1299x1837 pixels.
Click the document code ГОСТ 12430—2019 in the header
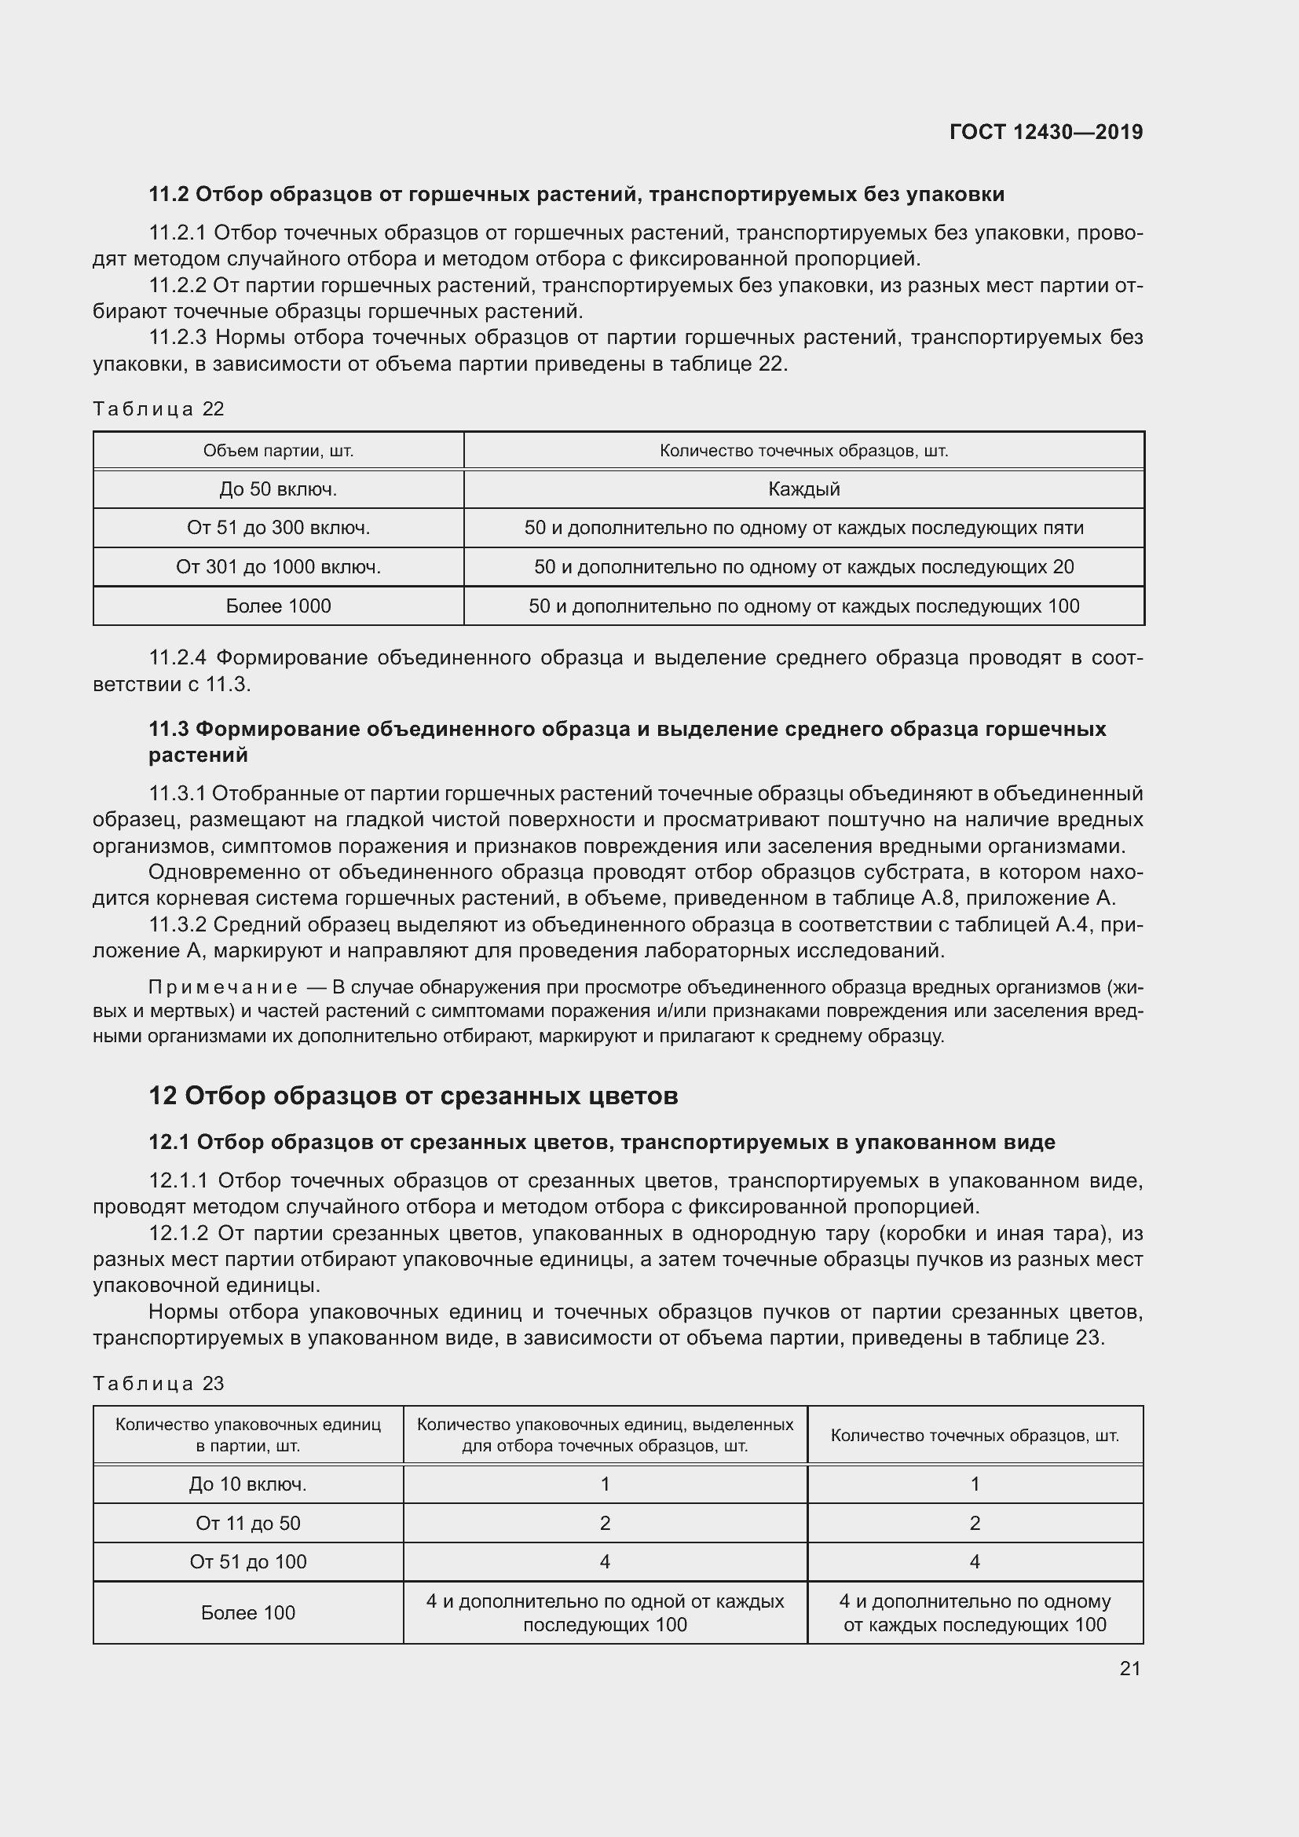click(1045, 132)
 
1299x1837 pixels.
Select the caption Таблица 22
click(159, 409)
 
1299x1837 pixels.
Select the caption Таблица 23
click(159, 1383)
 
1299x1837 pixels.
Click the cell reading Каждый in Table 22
click(803, 489)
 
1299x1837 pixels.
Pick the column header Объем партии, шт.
click(277, 451)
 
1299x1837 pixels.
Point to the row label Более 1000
click(277, 606)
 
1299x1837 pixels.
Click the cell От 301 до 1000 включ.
click(277, 566)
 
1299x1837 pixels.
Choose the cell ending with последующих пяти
click(803, 527)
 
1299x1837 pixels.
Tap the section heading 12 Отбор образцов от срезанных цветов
click(413, 1096)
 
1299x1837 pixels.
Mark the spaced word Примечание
click(223, 987)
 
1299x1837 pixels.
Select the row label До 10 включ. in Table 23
click(247, 1484)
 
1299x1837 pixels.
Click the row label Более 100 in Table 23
click(247, 1612)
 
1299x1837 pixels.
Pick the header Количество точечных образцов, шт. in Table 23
click(974, 1436)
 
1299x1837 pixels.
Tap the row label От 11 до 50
click(247, 1523)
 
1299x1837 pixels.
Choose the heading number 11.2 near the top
click(168, 195)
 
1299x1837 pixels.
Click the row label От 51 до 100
click(247, 1561)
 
